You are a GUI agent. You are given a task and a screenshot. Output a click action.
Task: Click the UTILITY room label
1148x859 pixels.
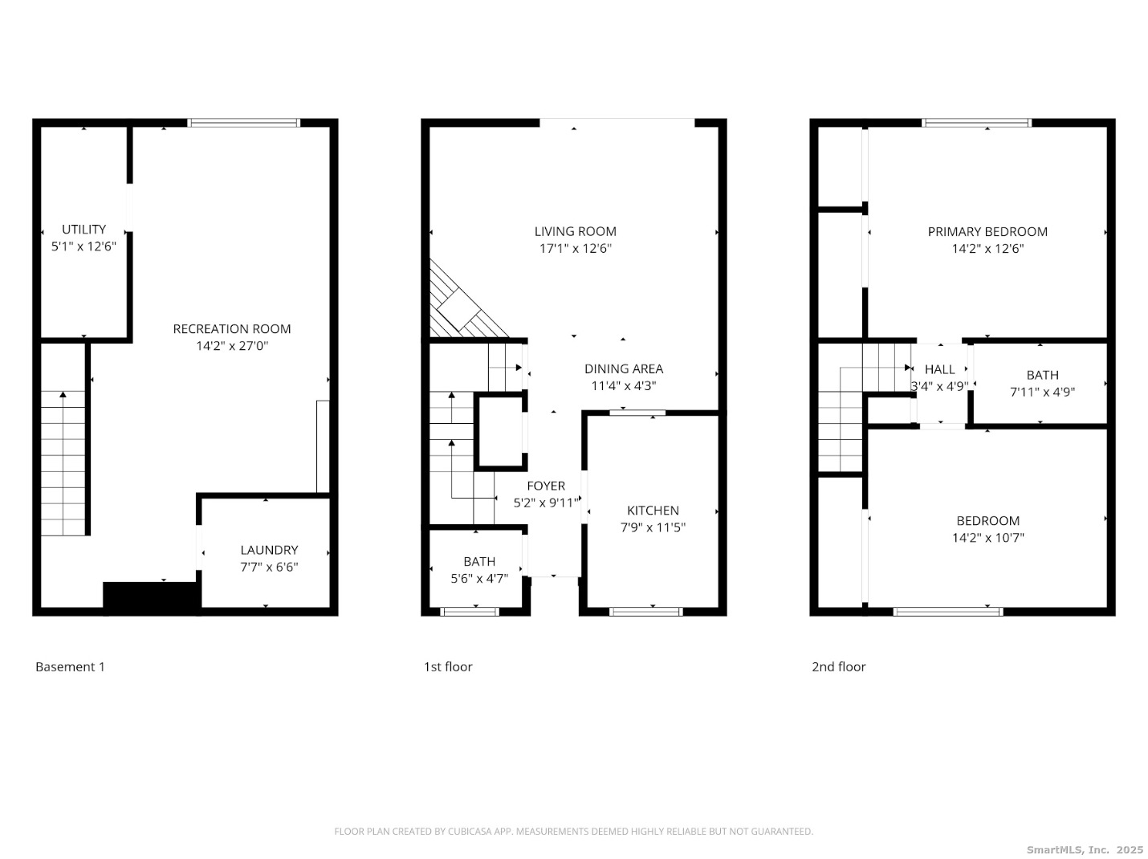(83, 229)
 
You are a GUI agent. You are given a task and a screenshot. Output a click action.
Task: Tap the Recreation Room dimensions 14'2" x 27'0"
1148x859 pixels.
(232, 345)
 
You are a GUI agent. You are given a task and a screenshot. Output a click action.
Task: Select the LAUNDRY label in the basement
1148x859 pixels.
(269, 549)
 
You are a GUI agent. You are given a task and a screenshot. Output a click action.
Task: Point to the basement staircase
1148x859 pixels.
(63, 462)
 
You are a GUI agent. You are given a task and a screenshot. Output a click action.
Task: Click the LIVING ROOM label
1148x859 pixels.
(575, 231)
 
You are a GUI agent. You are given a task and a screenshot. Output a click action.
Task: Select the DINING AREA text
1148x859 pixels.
(624, 368)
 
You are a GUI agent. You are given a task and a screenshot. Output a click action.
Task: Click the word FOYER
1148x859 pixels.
(545, 486)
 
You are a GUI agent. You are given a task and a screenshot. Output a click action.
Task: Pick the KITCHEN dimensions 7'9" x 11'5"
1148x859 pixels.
(652, 527)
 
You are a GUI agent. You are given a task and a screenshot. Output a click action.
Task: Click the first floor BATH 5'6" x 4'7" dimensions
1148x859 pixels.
(479, 578)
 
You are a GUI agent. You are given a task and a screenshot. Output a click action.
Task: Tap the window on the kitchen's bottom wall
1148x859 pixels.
(646, 611)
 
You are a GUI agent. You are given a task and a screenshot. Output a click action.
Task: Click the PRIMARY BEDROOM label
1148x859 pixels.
(987, 231)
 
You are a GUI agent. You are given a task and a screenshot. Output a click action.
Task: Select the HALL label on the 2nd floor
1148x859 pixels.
(939, 369)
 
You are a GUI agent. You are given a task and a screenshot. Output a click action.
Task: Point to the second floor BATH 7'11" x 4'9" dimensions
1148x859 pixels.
(1042, 392)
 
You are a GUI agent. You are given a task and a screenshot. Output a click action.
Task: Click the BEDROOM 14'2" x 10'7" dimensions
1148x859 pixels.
(987, 537)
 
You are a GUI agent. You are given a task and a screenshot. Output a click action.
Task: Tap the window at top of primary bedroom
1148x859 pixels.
(976, 123)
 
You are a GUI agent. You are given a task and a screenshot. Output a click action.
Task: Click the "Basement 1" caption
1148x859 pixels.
(70, 666)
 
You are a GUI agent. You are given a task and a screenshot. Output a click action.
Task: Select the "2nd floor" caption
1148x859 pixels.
(838, 666)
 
